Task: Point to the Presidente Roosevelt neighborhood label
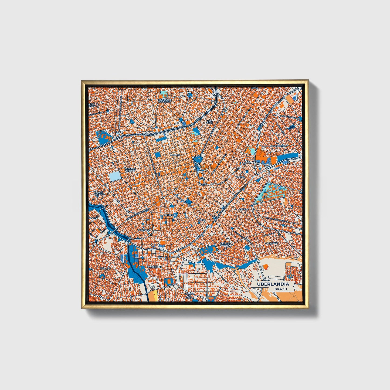point(165,100)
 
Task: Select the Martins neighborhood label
point(174,155)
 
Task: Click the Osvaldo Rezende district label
point(130,169)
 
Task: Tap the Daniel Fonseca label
point(99,193)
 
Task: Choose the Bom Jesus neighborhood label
point(209,122)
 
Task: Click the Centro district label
point(203,184)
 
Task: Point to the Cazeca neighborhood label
point(240,177)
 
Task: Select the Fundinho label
point(170,215)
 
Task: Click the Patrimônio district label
point(155,267)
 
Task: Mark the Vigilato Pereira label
point(225,244)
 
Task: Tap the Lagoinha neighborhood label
point(271,243)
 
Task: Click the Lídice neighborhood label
point(202,220)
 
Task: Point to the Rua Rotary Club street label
point(278,146)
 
